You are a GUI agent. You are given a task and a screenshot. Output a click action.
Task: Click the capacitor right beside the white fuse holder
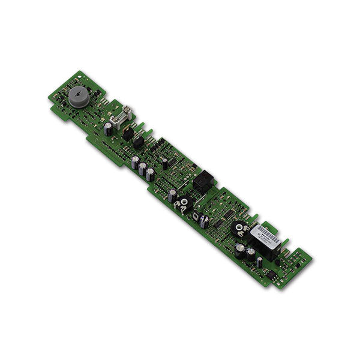point(108,128)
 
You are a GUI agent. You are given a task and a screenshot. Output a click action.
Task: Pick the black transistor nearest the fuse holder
point(127,131)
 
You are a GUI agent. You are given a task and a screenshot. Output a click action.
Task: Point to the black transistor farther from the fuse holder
point(138,142)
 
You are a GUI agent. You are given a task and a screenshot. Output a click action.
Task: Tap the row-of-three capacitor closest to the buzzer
point(135,163)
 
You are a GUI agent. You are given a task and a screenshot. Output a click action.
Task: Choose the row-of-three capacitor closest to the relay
point(149,175)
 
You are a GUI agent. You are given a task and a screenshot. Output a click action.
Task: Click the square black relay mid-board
point(203,180)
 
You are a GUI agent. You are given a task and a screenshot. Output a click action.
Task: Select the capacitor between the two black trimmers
point(205,221)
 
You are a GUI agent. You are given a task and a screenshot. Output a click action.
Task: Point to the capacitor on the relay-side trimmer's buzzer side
point(172,195)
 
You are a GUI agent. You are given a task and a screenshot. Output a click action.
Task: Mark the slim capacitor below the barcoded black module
point(259,261)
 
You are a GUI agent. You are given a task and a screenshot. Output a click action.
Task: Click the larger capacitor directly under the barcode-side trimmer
point(239,251)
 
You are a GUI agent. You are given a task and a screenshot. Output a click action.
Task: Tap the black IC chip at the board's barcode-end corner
point(271,275)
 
